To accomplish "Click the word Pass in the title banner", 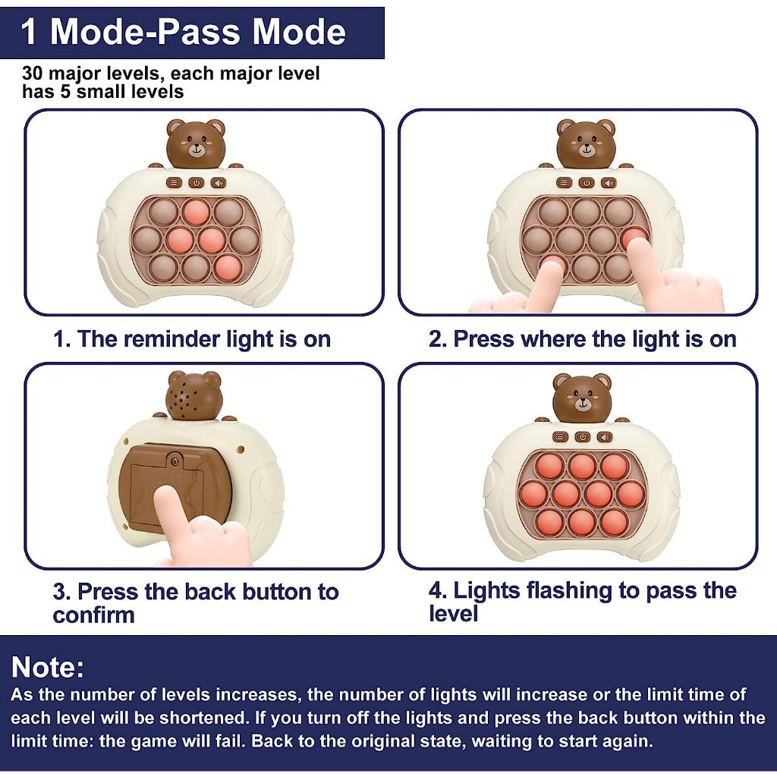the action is (202, 32).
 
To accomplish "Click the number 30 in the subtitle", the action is (32, 74).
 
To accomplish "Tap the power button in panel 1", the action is (197, 183).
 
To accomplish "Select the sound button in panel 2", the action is (609, 183).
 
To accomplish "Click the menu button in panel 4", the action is (560, 436).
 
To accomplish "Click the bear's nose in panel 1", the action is (197, 146).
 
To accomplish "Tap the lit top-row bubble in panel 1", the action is (196, 212).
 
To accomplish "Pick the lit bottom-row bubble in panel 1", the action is (228, 268).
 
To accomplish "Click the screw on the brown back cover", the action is (175, 462).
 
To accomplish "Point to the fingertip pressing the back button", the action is (166, 496).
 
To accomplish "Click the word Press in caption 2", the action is (484, 339).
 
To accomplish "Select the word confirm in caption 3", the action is (93, 615).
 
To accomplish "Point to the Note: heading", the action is (48, 666).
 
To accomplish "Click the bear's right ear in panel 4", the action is (603, 382).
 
